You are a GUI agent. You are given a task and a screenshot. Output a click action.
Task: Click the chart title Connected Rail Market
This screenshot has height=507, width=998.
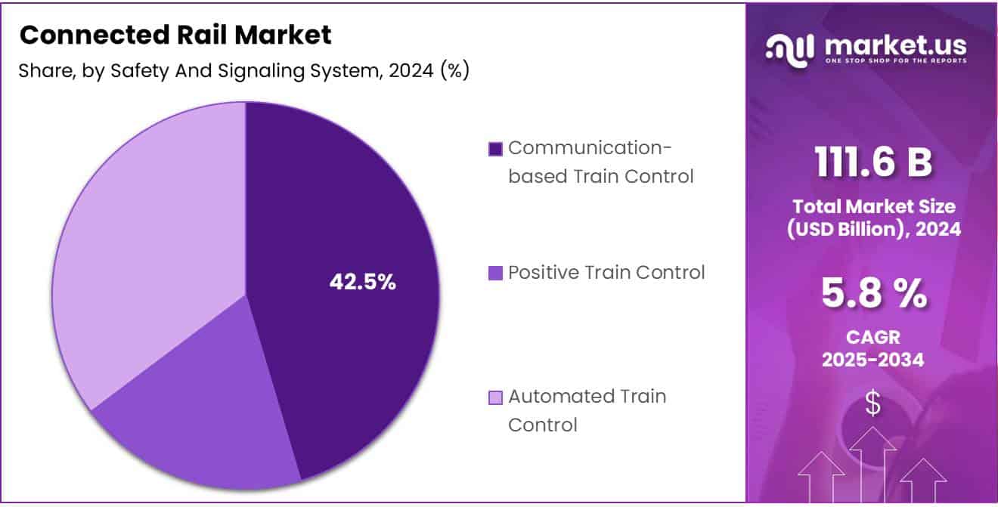point(175,35)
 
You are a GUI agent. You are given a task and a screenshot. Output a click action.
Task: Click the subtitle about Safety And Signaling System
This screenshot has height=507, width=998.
point(243,71)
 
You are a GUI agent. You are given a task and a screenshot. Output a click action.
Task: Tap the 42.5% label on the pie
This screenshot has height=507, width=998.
point(362,282)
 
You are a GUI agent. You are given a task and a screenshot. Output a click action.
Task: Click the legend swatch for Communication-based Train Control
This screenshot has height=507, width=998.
point(496,149)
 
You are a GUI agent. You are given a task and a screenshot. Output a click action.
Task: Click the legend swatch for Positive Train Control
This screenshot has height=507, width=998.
point(496,273)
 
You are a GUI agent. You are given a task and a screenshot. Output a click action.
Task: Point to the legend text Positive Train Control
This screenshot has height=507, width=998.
point(606,272)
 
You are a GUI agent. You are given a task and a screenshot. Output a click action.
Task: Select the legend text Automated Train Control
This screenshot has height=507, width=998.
point(587,410)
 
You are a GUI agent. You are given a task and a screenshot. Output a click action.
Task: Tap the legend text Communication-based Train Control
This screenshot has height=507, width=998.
point(600,162)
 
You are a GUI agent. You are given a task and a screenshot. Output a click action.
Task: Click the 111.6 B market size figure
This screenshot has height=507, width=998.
point(872,162)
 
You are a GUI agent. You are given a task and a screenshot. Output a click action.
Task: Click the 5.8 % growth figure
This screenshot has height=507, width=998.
point(872,294)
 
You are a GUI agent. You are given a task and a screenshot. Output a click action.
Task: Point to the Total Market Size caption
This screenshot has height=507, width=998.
point(872,218)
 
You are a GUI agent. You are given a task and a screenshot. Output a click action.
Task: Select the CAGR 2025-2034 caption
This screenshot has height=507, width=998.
point(872,348)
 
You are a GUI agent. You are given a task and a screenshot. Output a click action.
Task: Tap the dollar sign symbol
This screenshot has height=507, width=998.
point(872,404)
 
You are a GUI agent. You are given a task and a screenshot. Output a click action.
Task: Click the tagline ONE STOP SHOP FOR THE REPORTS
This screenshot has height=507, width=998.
point(895,60)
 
